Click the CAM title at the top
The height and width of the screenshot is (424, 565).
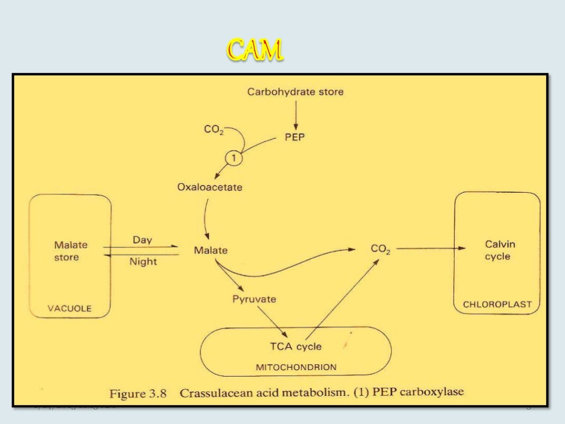(x=254, y=51)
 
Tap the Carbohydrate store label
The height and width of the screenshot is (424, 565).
(x=295, y=92)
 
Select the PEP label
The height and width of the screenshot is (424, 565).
(x=294, y=137)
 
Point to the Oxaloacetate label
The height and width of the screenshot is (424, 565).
(x=210, y=187)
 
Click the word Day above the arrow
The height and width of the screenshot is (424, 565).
(x=142, y=240)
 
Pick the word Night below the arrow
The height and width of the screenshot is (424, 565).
(x=143, y=262)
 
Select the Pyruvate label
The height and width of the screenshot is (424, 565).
(x=254, y=299)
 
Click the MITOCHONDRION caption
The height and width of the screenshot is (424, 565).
(x=296, y=367)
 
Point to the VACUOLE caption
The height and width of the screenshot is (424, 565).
(x=70, y=308)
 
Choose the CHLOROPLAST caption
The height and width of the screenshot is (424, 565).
(x=497, y=304)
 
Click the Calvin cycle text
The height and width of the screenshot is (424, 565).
(x=498, y=250)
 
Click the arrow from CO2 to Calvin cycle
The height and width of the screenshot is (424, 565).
(x=431, y=249)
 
